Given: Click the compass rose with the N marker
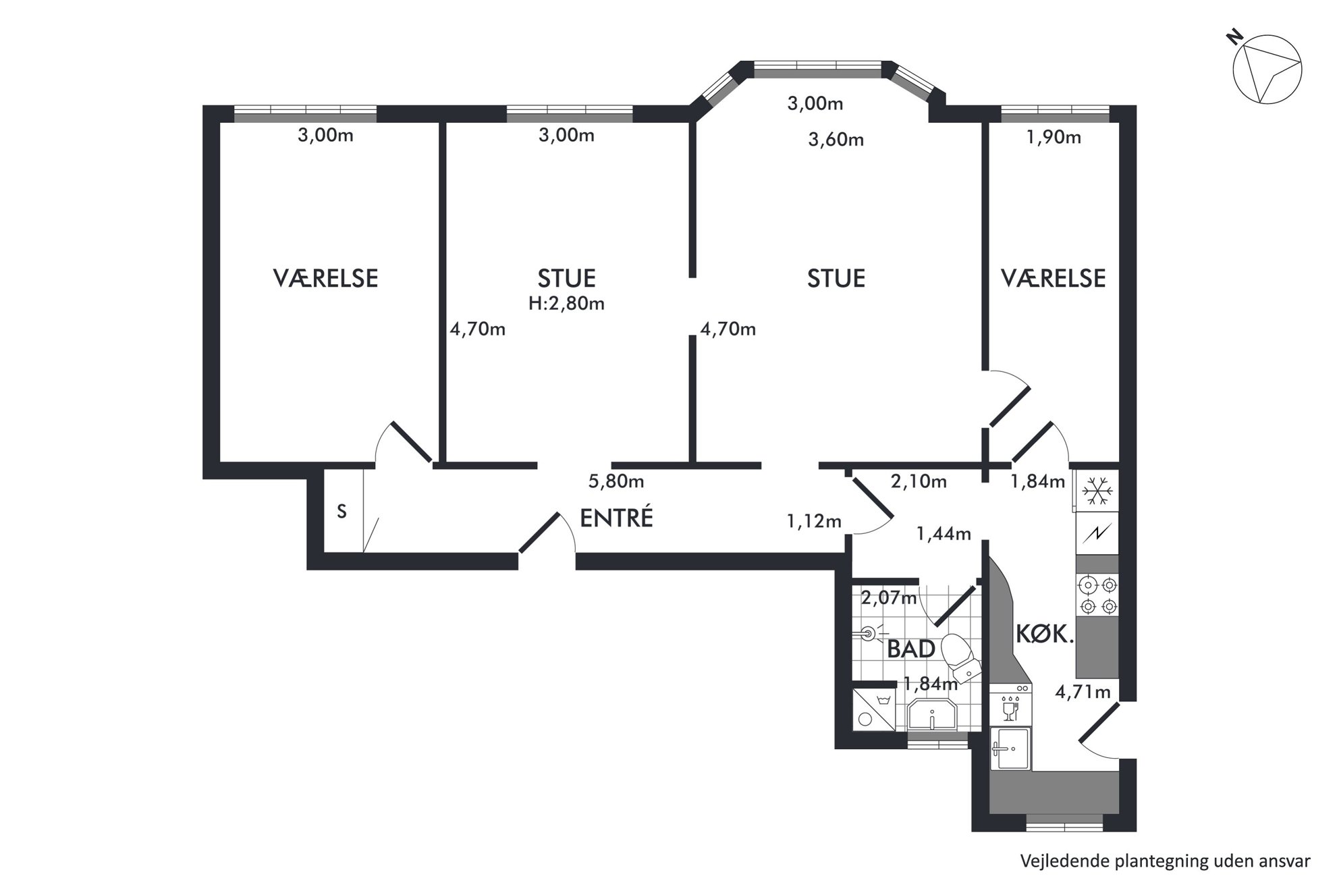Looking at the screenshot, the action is pyautogui.click(x=1267, y=70).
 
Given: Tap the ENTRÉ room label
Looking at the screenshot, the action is pyautogui.click(x=617, y=518).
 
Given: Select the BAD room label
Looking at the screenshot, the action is pyautogui.click(x=910, y=649).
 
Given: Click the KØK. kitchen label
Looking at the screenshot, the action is pyautogui.click(x=1045, y=635).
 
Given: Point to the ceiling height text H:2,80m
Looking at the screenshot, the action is pyautogui.click(x=566, y=304).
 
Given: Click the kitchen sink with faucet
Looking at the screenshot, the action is pyautogui.click(x=1010, y=749).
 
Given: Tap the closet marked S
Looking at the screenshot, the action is pyautogui.click(x=343, y=512).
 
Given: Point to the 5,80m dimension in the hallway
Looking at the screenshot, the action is pyautogui.click(x=616, y=482).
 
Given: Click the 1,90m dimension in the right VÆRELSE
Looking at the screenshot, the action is pyautogui.click(x=1054, y=138).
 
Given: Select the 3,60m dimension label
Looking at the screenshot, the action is pyautogui.click(x=836, y=140).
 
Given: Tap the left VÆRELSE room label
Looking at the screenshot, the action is pyautogui.click(x=325, y=278).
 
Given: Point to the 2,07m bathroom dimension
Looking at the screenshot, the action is pyautogui.click(x=890, y=597).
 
